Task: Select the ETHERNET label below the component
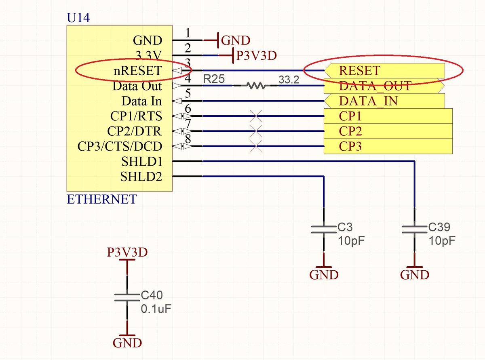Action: pos(101,199)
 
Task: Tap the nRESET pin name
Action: pos(137,71)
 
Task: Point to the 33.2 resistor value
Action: pos(289,81)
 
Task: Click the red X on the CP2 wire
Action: pos(255,131)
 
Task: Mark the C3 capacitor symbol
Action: pos(323,229)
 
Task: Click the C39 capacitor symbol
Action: pos(414,229)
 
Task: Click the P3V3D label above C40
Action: pos(127,253)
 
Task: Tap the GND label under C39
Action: pos(414,275)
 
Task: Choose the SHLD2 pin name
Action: pos(141,177)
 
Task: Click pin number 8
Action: pos(187,139)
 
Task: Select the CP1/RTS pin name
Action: pos(136,116)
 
